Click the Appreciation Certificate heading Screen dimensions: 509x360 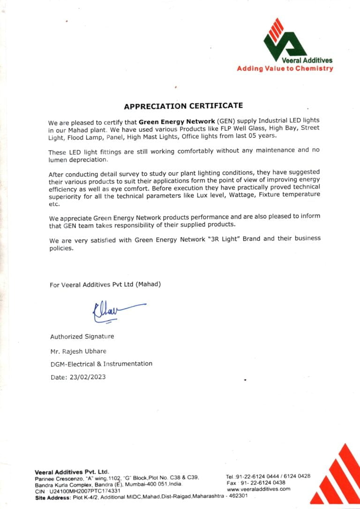coord(183,106)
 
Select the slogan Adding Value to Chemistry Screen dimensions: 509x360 coord(285,68)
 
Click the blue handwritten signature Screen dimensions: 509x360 coord(117,311)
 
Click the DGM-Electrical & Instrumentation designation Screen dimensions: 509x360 coord(101,364)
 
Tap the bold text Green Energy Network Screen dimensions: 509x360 coord(177,121)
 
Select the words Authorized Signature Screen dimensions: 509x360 coord(82,337)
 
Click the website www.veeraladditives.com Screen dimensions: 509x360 coord(258,489)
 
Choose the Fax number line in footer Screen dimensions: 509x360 coord(255,483)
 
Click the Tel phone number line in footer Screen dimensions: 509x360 coord(268,476)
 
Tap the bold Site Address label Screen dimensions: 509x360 coord(53,497)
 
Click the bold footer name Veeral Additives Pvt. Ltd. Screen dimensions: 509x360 coord(72,472)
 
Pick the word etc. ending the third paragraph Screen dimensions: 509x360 coord(54,204)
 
